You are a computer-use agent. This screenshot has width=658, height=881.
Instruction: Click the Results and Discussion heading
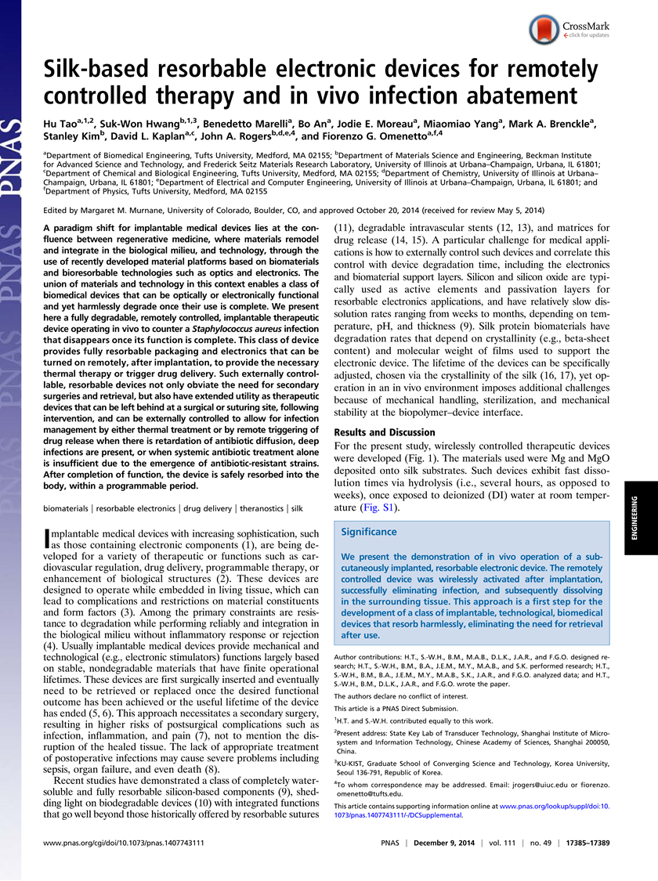tap(385, 432)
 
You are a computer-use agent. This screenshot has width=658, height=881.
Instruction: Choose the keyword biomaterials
tap(68, 508)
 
